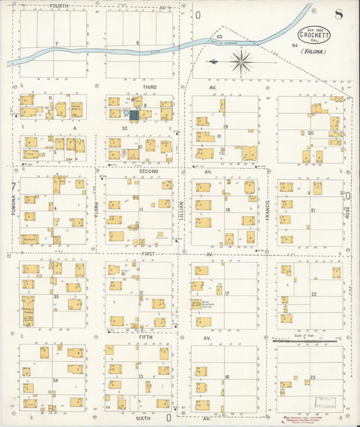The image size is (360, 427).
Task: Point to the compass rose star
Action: [x=241, y=62]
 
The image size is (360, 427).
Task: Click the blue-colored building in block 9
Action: [x=134, y=116]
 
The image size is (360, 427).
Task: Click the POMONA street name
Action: [x=14, y=205]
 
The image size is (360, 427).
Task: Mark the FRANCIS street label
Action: [x=267, y=206]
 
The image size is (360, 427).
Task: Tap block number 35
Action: [x=57, y=296]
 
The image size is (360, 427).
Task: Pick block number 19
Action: [x=226, y=127]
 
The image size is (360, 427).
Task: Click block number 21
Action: [x=313, y=211]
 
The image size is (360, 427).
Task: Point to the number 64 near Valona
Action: [x=294, y=45]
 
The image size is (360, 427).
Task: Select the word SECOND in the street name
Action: [x=149, y=172]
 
